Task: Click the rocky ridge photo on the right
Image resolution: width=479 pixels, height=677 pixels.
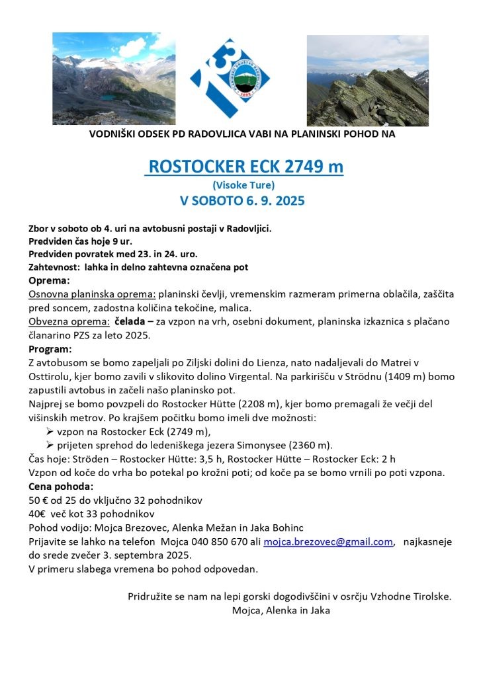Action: tap(367, 80)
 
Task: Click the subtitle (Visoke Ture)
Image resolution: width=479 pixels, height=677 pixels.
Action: tap(243, 184)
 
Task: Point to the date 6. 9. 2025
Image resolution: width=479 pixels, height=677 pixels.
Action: tap(272, 200)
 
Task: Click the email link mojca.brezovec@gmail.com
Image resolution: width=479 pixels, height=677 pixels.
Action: tap(328, 541)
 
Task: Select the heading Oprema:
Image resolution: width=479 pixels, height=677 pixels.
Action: tap(49, 280)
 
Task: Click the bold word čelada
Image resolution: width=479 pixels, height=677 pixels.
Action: tap(134, 321)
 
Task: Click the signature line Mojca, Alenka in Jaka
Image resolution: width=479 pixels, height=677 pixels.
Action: tap(281, 610)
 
